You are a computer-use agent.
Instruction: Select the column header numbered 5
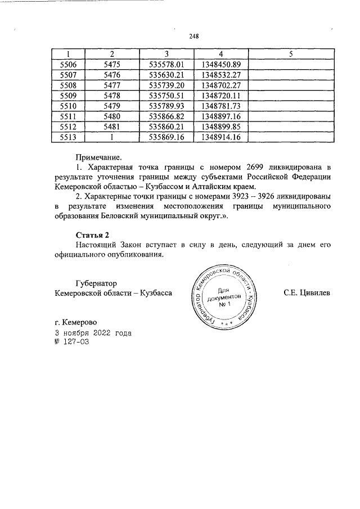(290, 54)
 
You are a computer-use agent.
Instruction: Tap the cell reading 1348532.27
(220, 75)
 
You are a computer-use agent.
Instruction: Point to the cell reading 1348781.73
(220, 106)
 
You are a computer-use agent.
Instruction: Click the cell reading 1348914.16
(220, 137)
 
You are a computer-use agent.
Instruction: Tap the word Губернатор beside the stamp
(100, 283)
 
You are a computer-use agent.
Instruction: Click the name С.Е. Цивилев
(308, 293)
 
